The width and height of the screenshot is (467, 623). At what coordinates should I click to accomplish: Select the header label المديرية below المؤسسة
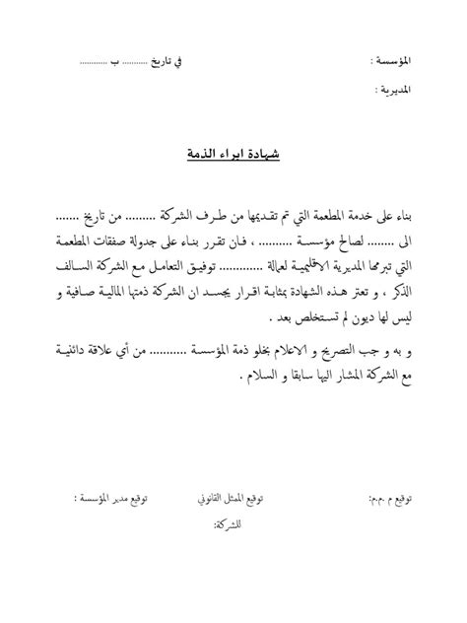[x=393, y=91]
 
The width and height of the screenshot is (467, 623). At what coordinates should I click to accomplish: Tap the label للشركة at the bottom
[x=228, y=524]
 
